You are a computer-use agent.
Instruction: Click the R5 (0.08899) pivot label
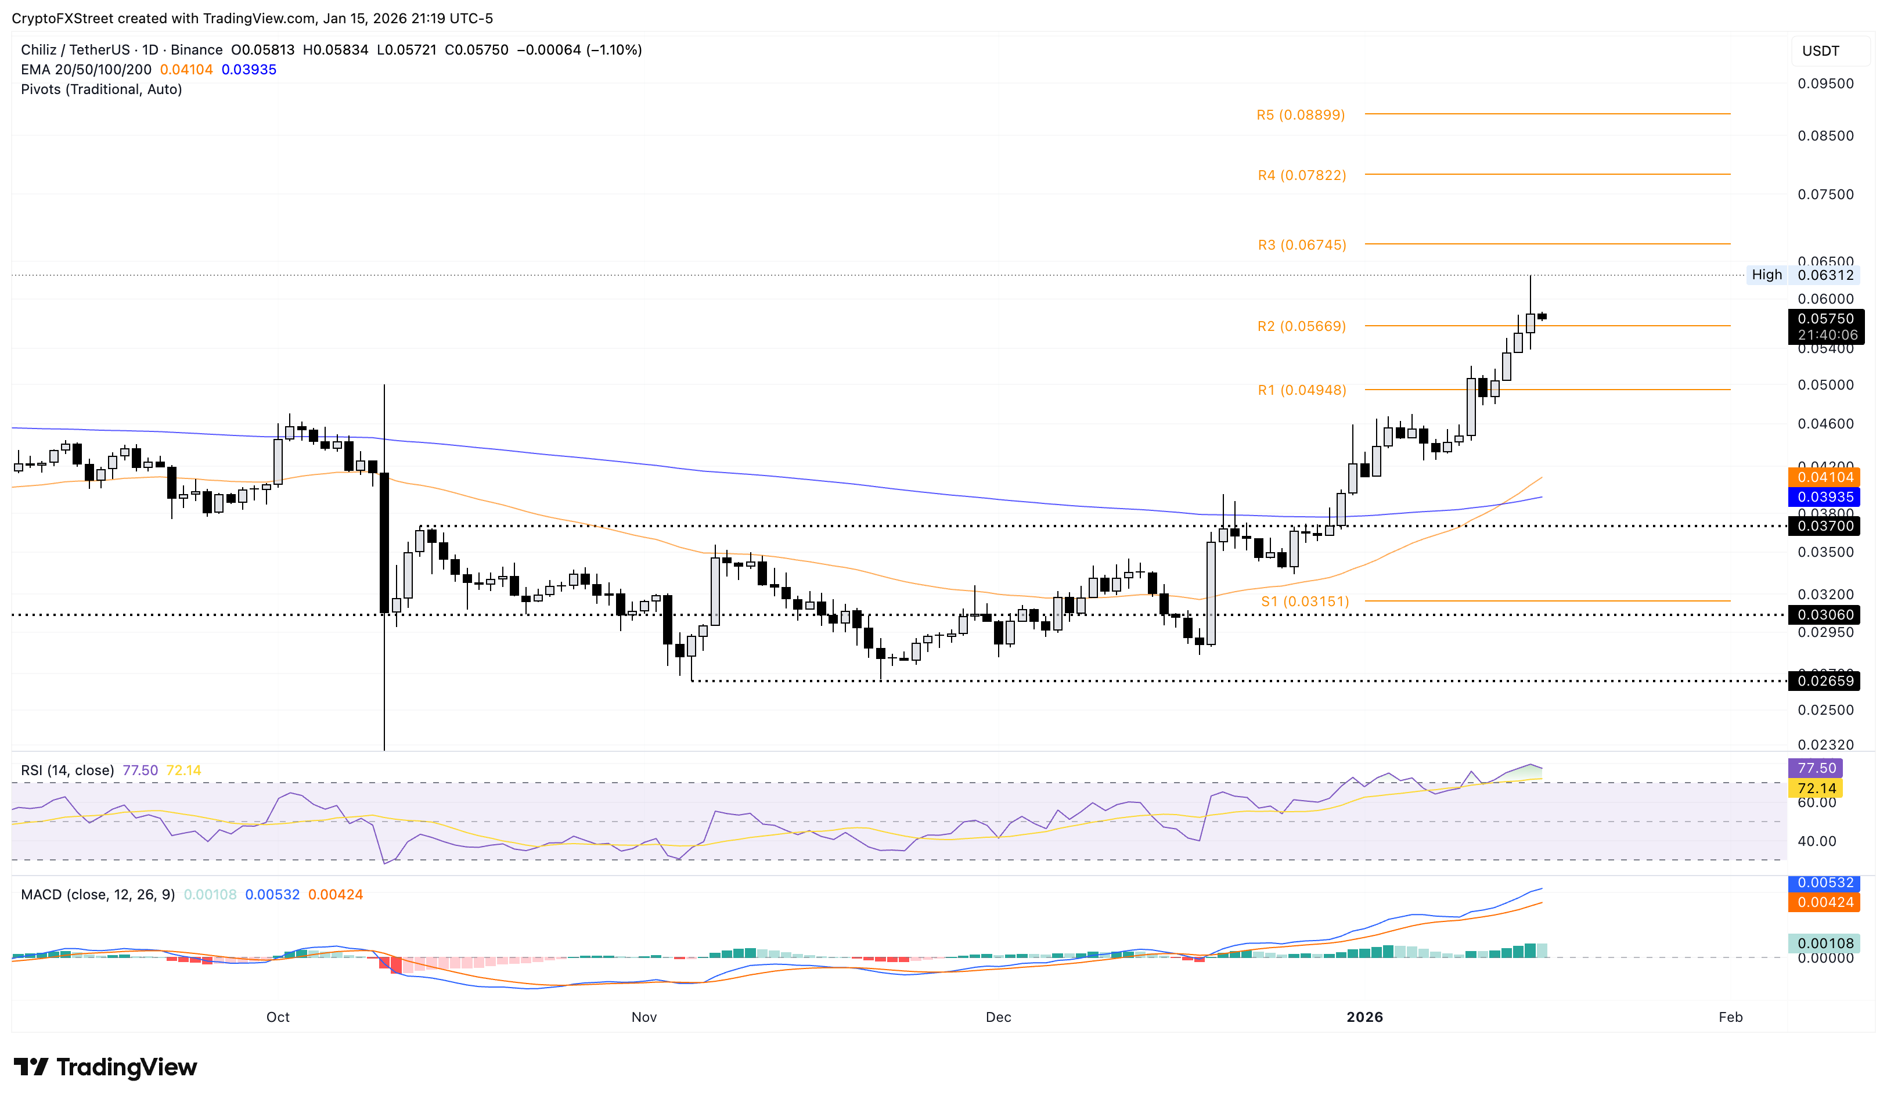pos(1300,114)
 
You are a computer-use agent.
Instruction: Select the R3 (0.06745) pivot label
pos(1301,245)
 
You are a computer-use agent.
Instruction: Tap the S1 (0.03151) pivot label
pos(1305,601)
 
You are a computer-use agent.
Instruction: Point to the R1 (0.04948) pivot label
pos(1301,390)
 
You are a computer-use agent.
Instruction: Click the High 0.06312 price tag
pos(1802,275)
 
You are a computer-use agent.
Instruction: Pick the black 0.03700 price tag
pos(1825,526)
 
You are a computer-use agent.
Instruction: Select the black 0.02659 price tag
pos(1825,681)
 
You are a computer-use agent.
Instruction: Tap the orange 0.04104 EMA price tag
pos(1825,477)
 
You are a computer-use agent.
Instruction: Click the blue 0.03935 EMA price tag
pos(1825,497)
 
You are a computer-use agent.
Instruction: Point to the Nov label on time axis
pos(644,1017)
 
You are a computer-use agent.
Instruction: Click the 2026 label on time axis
pos(1364,1017)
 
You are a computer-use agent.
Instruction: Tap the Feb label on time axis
pos(1730,1017)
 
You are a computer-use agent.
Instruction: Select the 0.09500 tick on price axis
pos(1825,84)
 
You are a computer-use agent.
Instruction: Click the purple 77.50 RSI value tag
pos(1815,768)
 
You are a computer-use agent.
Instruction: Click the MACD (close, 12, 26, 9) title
pos(98,895)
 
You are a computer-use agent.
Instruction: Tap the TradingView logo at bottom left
pos(105,1067)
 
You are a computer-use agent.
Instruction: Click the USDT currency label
pos(1820,51)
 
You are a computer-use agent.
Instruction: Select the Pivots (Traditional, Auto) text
pos(101,89)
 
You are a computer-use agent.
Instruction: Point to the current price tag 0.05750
pos(1825,319)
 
